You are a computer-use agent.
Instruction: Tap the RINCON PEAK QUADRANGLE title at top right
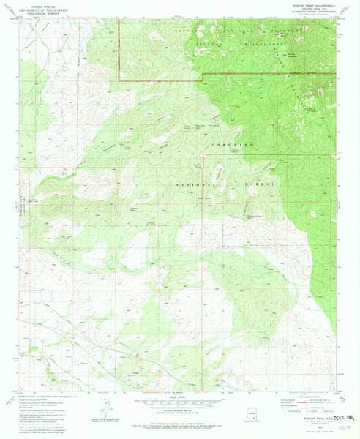click(312, 4)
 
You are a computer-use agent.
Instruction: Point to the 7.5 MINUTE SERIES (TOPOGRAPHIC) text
click(312, 12)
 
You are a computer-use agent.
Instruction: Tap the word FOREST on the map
click(258, 184)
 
